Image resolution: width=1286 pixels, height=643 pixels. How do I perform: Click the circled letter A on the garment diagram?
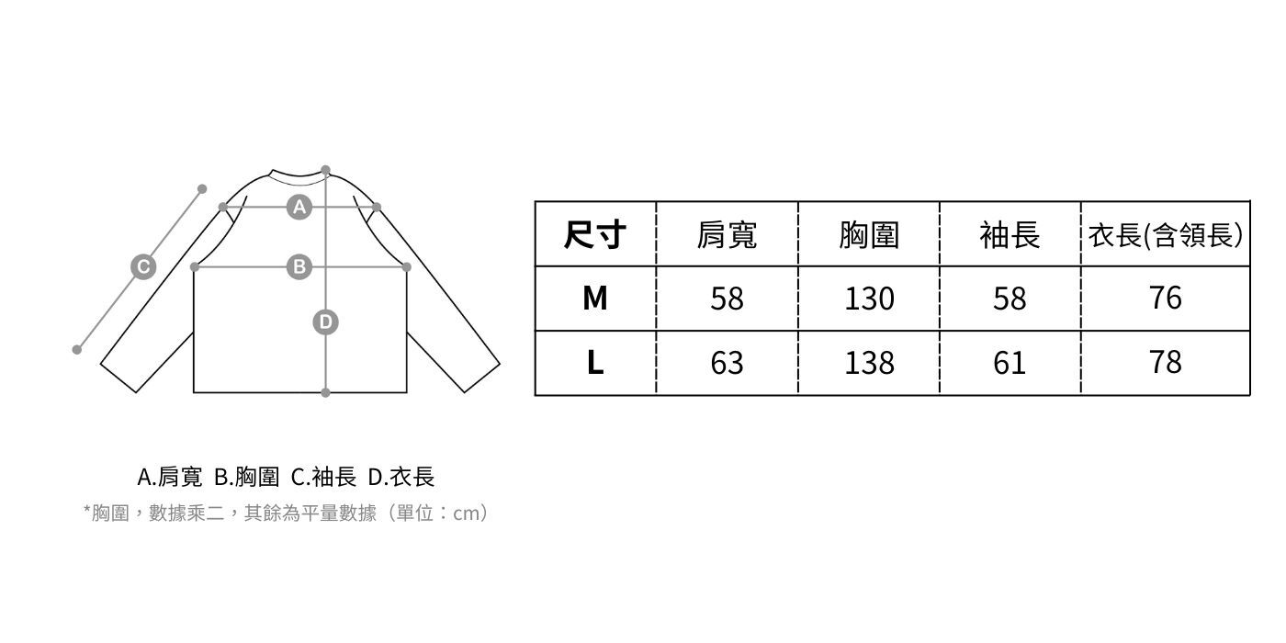(299, 208)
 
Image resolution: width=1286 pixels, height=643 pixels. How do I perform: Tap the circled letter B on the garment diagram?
(299, 267)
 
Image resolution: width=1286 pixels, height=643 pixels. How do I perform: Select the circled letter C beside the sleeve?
(142, 267)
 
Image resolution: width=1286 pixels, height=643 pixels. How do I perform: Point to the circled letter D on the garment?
(325, 322)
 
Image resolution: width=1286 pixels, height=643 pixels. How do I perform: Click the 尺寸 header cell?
(595, 235)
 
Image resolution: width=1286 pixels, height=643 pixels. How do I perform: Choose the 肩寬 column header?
(727, 235)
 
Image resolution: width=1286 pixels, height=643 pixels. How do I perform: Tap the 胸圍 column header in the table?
(869, 235)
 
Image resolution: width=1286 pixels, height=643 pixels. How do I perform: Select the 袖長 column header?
(1010, 235)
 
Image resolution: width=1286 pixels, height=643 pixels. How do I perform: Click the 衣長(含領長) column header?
(1165, 235)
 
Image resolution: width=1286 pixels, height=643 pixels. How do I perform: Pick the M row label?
(595, 299)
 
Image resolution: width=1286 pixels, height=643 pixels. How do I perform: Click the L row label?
(595, 363)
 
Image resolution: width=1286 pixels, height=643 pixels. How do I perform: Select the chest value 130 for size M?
(869, 299)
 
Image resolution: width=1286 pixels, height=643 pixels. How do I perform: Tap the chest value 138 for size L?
(869, 363)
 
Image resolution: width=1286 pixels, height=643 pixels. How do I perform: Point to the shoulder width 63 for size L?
(727, 363)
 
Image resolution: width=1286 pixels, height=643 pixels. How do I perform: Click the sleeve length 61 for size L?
(1010, 363)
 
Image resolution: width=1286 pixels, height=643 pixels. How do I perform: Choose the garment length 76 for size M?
(1165, 299)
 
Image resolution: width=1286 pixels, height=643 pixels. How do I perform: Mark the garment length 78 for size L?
(1165, 363)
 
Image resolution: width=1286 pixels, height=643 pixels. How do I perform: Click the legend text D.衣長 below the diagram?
(401, 477)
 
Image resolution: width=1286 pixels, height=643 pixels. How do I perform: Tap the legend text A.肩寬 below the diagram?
(169, 477)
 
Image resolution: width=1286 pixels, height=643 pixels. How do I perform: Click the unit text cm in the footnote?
(468, 513)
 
